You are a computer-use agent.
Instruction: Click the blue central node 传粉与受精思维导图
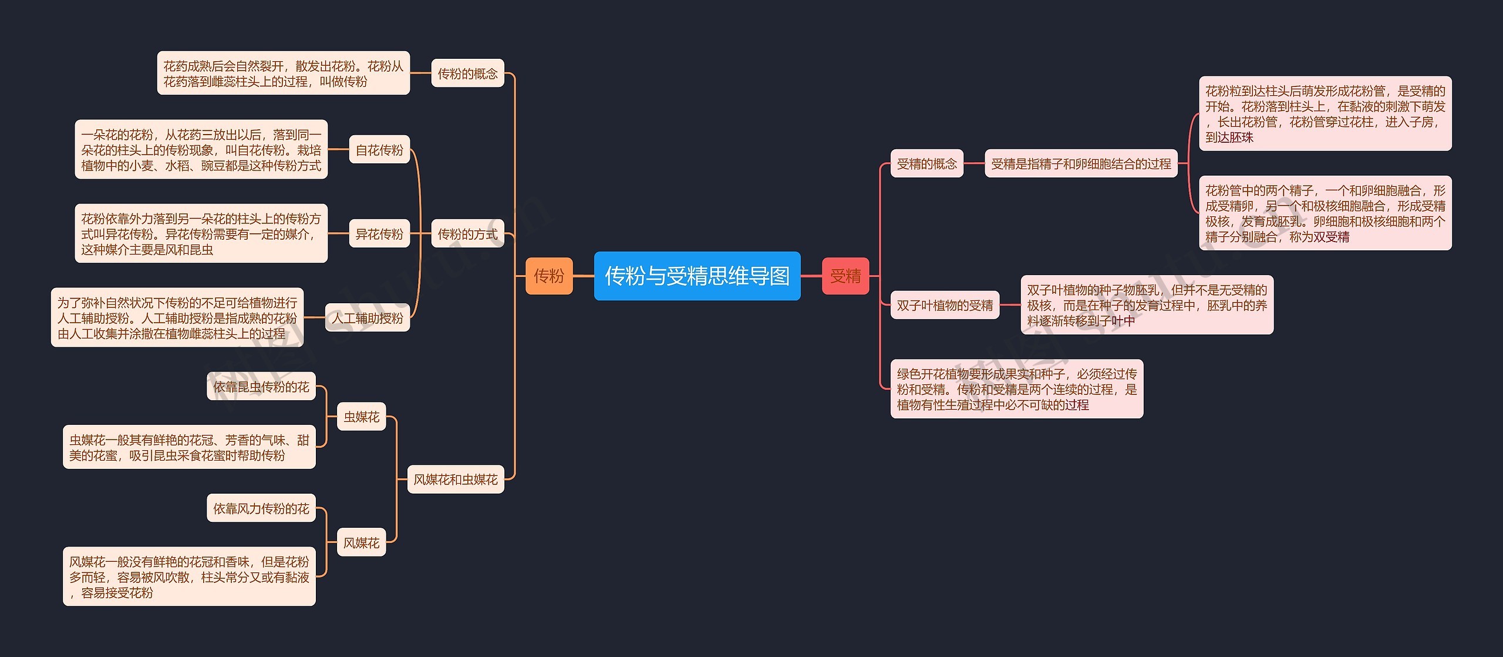(697, 276)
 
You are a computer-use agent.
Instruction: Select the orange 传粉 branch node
(548, 276)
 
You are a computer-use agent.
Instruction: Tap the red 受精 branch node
(845, 276)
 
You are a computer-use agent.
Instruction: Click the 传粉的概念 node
(467, 73)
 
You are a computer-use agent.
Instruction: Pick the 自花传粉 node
(379, 150)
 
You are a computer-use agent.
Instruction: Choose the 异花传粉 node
(379, 234)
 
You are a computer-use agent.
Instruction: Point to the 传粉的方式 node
(467, 234)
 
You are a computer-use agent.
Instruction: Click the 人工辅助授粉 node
(368, 318)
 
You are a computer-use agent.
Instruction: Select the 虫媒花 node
(361, 417)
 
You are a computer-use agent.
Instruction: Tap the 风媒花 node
(361, 542)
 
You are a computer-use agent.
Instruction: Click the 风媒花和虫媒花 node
(456, 480)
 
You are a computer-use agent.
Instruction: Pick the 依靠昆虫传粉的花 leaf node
(261, 387)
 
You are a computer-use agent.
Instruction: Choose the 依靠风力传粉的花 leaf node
(261, 508)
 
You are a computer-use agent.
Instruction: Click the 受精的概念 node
(926, 164)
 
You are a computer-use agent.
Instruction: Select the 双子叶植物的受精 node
(945, 305)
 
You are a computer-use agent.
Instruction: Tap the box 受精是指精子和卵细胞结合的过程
(1081, 164)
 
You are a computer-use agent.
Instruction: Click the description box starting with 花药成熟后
(283, 73)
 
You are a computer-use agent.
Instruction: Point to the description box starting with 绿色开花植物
(1016, 389)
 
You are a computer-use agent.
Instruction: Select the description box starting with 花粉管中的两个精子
(1325, 213)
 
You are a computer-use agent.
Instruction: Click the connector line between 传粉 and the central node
(583, 276)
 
